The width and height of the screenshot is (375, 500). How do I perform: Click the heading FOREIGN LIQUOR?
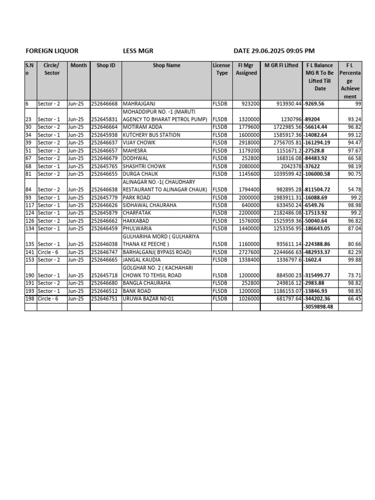tap(52, 51)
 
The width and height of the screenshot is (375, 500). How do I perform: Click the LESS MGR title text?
tap(139, 51)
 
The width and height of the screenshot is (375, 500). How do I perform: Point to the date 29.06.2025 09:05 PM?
tap(274, 51)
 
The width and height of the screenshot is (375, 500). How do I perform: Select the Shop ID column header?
tap(106, 65)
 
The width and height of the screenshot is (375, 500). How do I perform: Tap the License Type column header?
tap(222, 69)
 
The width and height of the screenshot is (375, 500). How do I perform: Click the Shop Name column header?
tap(167, 65)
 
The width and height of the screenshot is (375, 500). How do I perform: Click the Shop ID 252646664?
tap(104, 127)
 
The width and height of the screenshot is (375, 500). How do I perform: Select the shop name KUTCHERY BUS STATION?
tap(151, 135)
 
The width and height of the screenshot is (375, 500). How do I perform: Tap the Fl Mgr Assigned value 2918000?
tap(249, 143)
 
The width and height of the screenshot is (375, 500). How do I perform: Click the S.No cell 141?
tap(30, 252)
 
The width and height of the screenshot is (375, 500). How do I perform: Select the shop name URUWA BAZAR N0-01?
tap(148, 299)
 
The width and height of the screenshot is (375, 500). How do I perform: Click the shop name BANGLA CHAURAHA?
tap(146, 283)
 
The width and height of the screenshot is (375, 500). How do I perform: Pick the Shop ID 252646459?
tap(104, 229)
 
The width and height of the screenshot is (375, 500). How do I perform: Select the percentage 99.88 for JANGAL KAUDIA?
tap(354, 260)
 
